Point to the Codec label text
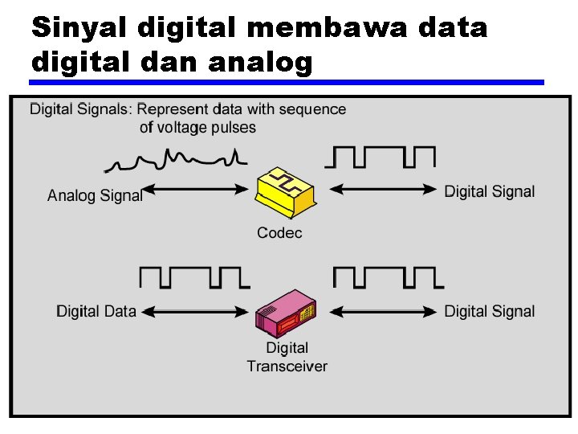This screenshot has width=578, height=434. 279,233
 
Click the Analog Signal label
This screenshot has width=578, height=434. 95,194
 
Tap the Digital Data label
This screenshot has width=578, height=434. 96,311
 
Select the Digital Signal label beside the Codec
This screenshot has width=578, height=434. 489,191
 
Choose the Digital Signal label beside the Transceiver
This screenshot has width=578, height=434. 489,311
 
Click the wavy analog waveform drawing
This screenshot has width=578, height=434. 173,159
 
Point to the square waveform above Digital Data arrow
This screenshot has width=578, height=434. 194,277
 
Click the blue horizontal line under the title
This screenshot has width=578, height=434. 287,82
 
